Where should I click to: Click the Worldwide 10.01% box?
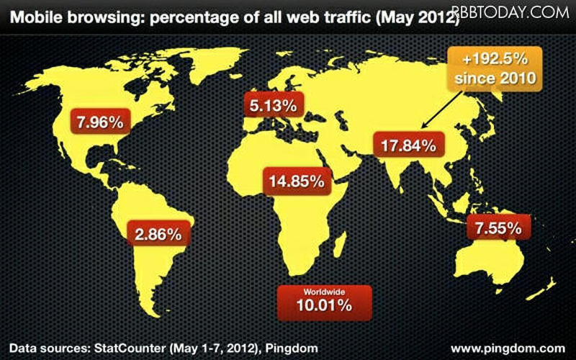[x=325, y=301]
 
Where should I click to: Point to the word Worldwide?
[x=325, y=292]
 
